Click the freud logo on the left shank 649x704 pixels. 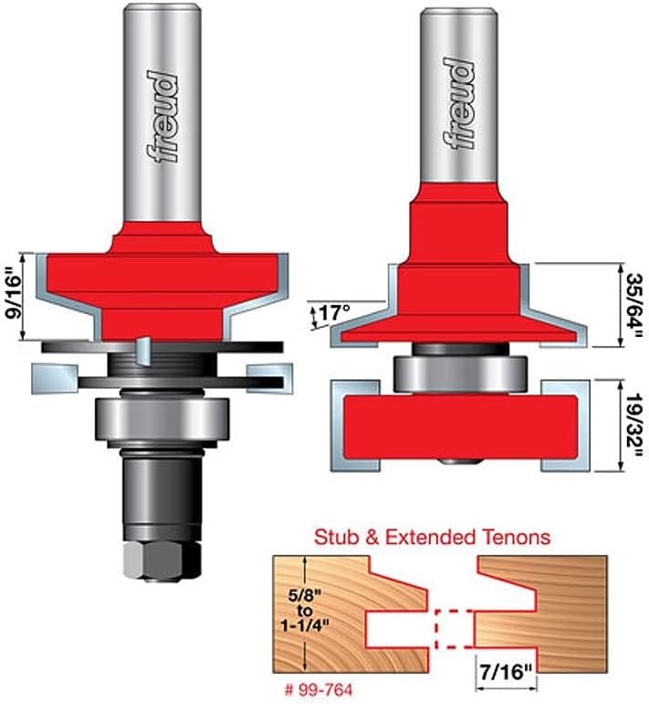(x=162, y=116)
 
